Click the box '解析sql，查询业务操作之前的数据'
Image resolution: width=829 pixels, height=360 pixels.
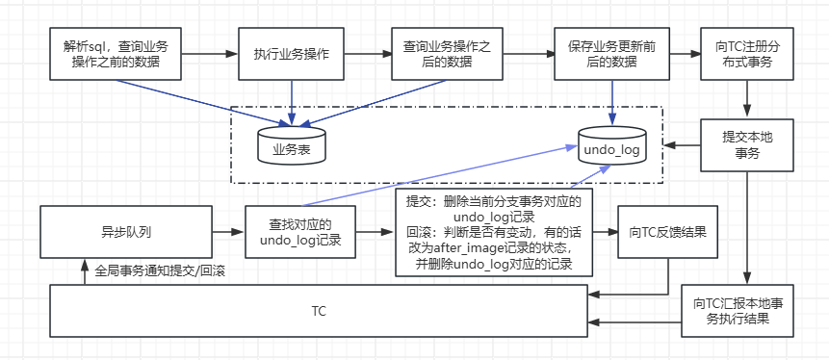tap(116, 54)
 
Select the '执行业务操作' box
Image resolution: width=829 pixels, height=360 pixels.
tap(291, 54)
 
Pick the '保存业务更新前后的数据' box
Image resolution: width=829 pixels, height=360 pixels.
tap(611, 54)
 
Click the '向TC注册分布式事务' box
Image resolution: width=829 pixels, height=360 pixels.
tap(747, 54)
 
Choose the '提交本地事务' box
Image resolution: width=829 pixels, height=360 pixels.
tap(747, 144)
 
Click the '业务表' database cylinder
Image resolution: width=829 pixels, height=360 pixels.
tap(292, 145)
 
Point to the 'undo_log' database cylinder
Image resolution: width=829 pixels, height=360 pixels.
tap(611, 146)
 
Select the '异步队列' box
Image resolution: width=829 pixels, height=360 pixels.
tap(126, 232)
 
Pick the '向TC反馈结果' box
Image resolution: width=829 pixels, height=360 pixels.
tap(668, 232)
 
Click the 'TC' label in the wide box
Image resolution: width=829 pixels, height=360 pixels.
tap(319, 312)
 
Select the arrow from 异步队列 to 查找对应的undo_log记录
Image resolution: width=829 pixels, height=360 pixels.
tap(228, 232)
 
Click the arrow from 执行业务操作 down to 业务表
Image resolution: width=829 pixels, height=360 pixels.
tap(291, 101)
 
